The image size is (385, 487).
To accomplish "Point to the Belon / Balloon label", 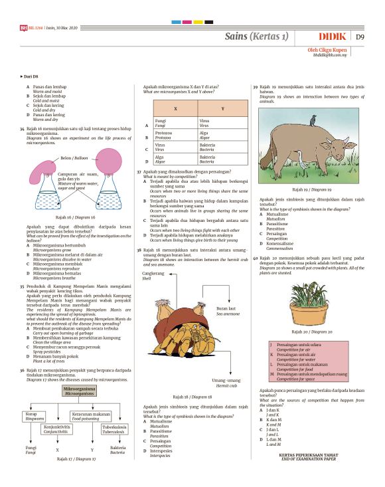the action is tap(74, 158).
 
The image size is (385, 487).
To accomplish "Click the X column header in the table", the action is tap(175, 108).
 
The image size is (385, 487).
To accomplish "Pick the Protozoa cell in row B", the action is tap(163, 136).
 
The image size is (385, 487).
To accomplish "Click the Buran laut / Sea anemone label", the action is tap(226, 310).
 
